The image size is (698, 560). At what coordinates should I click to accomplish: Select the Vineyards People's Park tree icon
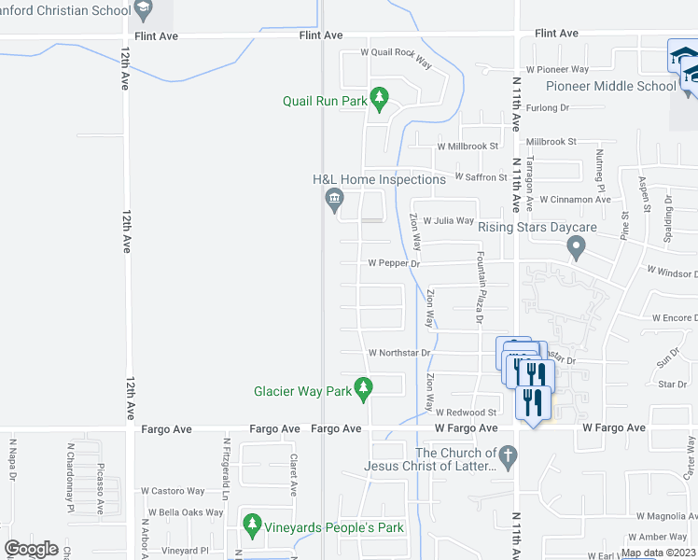tap(250, 527)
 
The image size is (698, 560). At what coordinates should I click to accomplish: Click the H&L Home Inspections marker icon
tap(334, 199)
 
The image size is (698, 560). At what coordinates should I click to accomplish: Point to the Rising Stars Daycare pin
tap(576, 248)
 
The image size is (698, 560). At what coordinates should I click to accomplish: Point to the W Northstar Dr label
tap(398, 353)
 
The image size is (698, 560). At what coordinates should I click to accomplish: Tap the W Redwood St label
tap(466, 412)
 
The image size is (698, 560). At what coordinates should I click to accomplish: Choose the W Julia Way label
tap(449, 220)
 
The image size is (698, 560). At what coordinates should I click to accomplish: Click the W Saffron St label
tap(481, 176)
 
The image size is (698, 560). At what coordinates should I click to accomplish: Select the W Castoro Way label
tap(173, 490)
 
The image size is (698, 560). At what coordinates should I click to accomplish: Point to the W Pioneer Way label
tap(557, 69)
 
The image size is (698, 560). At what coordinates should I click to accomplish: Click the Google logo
tap(31, 549)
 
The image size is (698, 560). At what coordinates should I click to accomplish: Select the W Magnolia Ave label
tap(667, 515)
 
